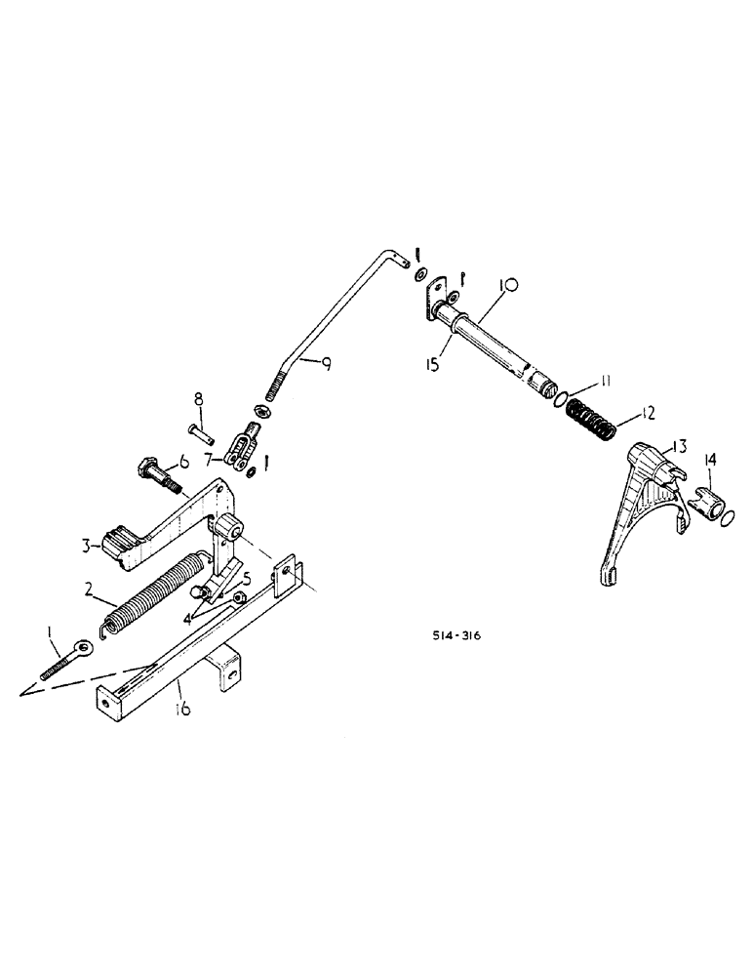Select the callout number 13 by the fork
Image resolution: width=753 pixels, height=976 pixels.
coord(676,446)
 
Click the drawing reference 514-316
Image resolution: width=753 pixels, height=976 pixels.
coord(457,636)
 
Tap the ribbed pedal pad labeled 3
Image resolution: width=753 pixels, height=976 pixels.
coord(119,544)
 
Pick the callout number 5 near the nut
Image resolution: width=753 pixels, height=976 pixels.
coord(247,578)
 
